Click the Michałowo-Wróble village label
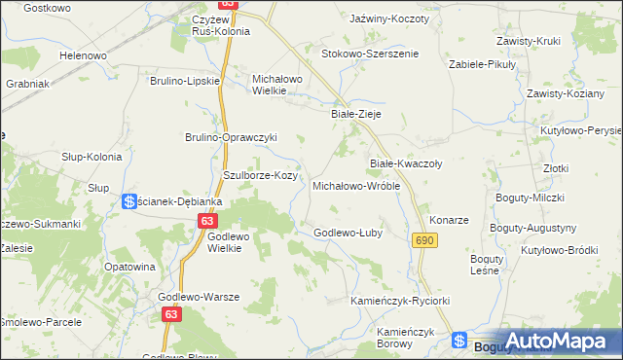point(355,185)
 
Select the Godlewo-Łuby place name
point(347,232)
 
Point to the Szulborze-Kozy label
point(259,175)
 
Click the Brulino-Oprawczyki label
point(232,137)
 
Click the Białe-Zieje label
point(355,114)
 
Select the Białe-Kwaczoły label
point(406,163)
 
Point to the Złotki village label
point(556,167)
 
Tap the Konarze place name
point(450,220)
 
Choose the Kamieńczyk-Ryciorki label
point(400,301)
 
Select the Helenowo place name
point(83,55)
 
